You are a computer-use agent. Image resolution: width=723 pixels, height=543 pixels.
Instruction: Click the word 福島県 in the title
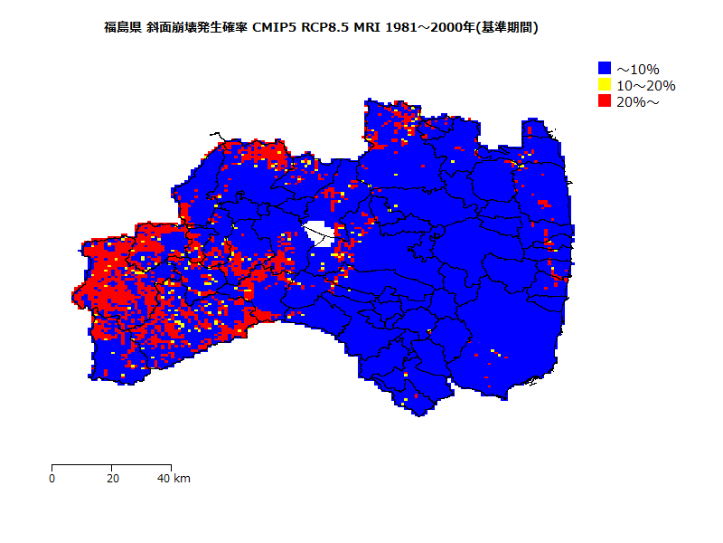tap(123, 28)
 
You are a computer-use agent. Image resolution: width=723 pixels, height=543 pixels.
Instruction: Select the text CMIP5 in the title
tap(277, 28)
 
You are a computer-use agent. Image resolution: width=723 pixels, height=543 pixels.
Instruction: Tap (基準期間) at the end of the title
tap(508, 28)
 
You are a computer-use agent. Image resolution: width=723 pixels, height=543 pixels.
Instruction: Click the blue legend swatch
tap(605, 68)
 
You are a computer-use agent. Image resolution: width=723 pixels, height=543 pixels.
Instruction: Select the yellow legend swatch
tap(605, 84)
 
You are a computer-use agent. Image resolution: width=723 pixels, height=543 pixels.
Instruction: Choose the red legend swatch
tap(605, 100)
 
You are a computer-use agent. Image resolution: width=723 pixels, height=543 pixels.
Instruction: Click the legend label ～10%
tap(638, 69)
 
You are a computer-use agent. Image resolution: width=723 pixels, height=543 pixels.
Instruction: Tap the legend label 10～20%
tap(645, 85)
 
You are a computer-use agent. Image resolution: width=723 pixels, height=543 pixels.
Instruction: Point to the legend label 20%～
tap(638, 101)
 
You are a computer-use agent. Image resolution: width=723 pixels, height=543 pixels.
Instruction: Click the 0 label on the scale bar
tap(52, 479)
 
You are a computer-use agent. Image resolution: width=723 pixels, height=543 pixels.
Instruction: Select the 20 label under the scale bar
tap(112, 479)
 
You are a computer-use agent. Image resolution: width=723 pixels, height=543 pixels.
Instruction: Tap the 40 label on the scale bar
tap(164, 479)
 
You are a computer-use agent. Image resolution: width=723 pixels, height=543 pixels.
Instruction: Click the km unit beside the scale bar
tap(182, 479)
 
